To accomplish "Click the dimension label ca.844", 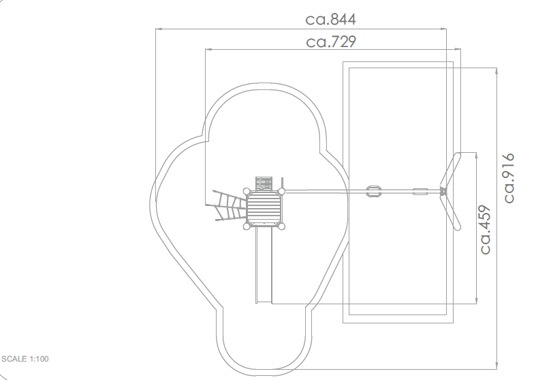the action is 330,20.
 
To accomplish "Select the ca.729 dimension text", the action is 331,42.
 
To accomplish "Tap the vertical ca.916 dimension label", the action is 509,178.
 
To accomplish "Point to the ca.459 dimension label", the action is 486,229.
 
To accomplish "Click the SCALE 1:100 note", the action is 25,359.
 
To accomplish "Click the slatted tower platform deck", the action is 264,209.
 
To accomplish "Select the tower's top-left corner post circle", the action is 247,192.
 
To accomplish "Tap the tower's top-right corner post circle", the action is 282,192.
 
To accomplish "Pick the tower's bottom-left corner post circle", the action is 247,226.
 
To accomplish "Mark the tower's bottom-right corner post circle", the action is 281,226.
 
